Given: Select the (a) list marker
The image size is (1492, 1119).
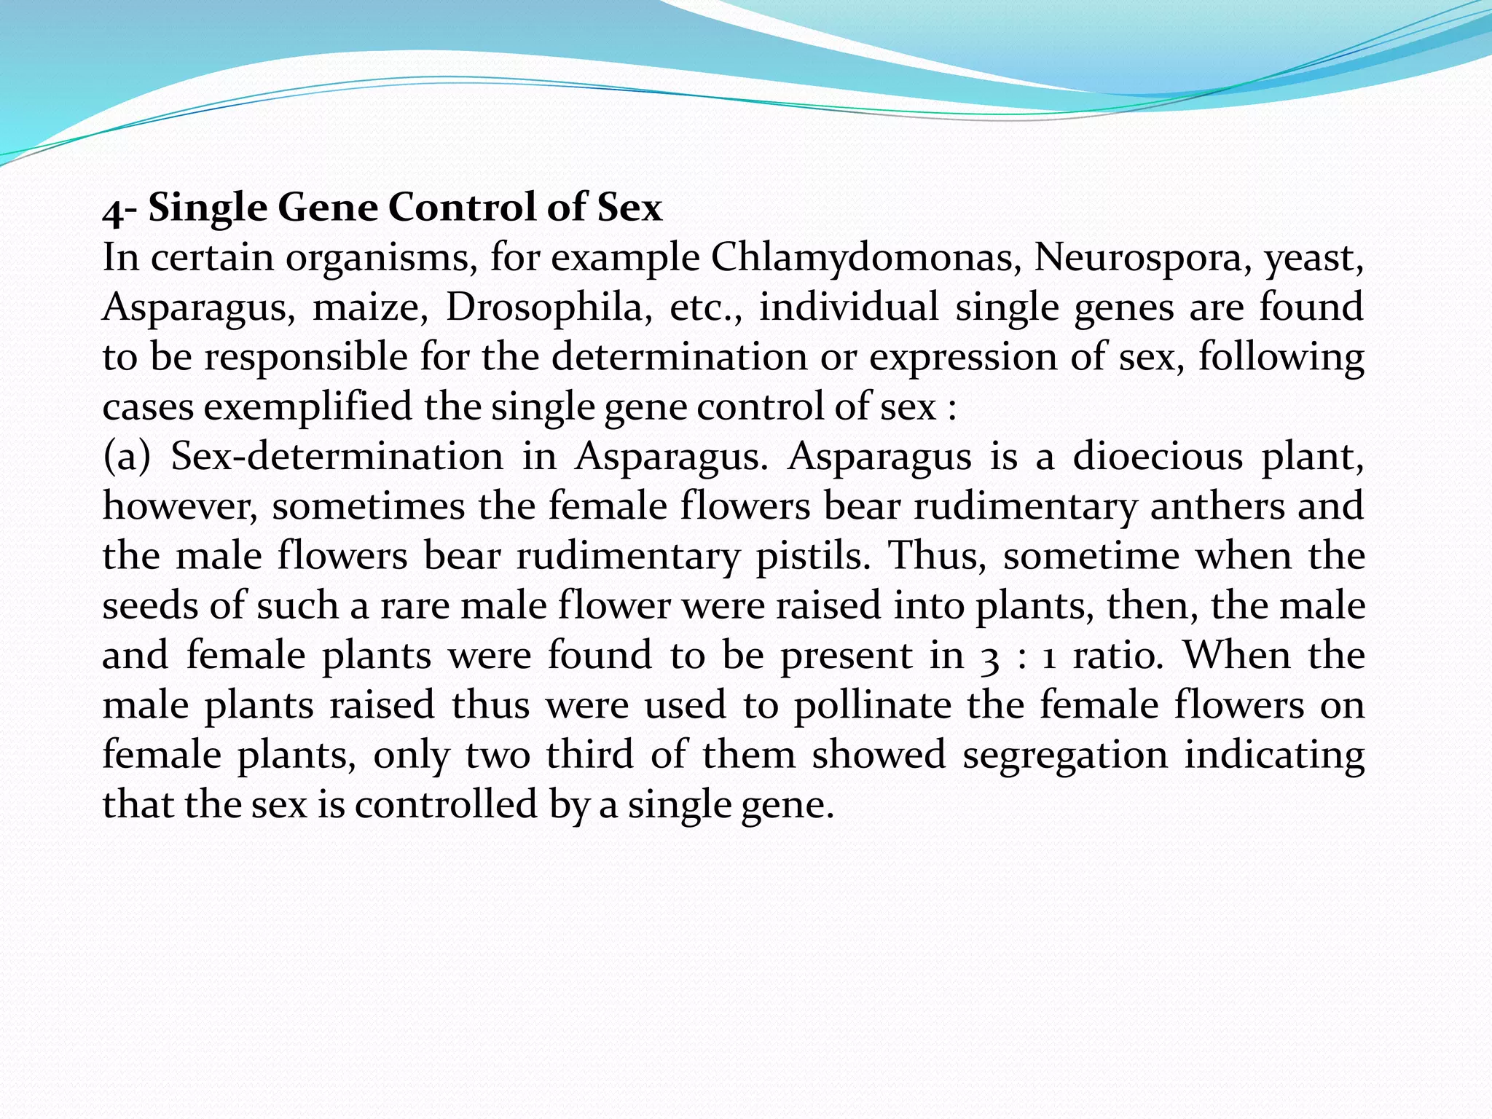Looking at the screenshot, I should pyautogui.click(x=127, y=457).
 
